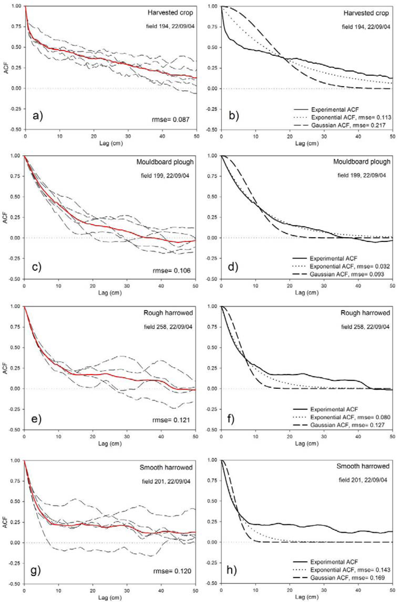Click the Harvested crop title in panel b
pos(368,13)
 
